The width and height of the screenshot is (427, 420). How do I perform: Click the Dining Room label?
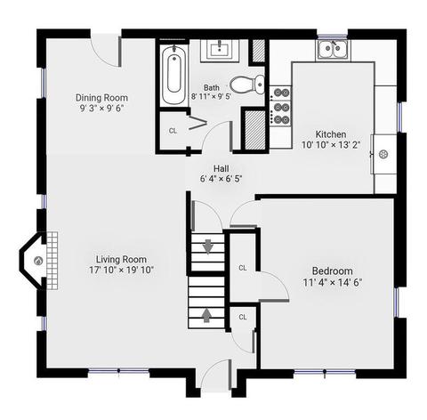101,98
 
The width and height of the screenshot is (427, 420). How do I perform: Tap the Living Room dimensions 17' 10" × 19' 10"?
121,270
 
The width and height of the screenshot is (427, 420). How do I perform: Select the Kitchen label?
331,134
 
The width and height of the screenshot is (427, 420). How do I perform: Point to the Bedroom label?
333,271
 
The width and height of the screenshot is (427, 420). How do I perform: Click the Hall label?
222,168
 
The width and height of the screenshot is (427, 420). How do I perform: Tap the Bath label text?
212,87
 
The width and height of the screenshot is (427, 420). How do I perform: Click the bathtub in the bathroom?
174,75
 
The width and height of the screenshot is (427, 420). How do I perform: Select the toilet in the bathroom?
247,84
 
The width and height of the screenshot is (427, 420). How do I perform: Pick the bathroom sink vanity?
220,51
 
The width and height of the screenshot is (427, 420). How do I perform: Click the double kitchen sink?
333,48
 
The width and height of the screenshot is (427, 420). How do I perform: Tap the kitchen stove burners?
281,106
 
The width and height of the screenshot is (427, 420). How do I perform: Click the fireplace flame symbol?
38,261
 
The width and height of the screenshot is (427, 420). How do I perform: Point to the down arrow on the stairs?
208,246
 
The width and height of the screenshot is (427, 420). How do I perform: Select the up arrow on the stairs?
206,315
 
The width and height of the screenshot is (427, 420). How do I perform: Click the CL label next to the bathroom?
173,131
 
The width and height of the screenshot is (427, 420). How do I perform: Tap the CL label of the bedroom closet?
243,268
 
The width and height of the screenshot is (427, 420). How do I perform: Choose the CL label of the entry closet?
243,317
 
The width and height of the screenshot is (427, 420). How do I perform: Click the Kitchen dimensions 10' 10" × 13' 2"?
331,145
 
